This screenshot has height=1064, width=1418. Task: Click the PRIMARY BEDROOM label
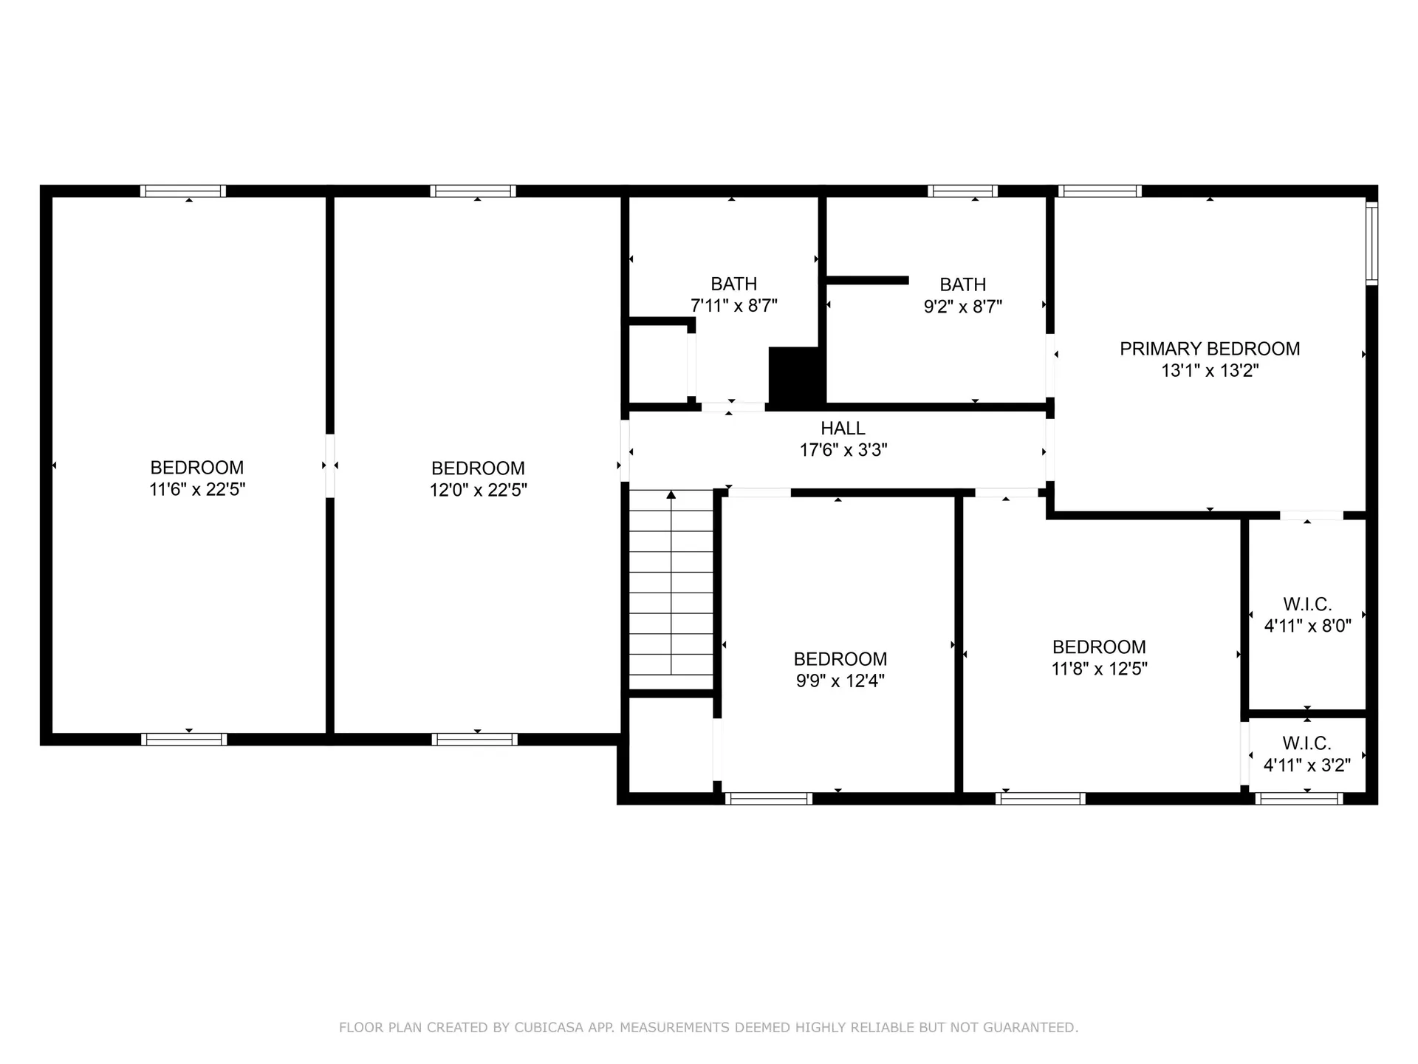(1209, 349)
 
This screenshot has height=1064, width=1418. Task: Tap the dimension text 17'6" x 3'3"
(843, 450)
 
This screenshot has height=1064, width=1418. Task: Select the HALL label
(843, 428)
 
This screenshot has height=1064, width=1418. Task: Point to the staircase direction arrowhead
(671, 494)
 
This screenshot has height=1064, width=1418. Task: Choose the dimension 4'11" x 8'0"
(1306, 626)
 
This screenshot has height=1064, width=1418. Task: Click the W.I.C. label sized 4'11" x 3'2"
(1306, 743)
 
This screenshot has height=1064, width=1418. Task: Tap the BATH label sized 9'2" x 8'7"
(962, 284)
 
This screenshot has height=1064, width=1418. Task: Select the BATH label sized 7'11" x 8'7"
(733, 284)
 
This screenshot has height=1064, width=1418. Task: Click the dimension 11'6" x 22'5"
(197, 489)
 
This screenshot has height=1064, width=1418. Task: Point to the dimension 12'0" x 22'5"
(478, 490)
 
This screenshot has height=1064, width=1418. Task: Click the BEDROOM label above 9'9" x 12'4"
(840, 659)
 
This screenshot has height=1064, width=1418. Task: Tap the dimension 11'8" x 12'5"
(1099, 669)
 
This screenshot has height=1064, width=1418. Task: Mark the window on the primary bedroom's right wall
(1371, 244)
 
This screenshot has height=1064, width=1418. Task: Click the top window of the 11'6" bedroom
(183, 191)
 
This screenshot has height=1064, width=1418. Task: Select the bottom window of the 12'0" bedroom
(474, 739)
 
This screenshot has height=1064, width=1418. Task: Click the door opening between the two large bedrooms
(330, 465)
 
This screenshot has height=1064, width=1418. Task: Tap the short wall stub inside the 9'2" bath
(867, 280)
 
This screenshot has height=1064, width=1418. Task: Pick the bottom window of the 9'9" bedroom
(768, 798)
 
